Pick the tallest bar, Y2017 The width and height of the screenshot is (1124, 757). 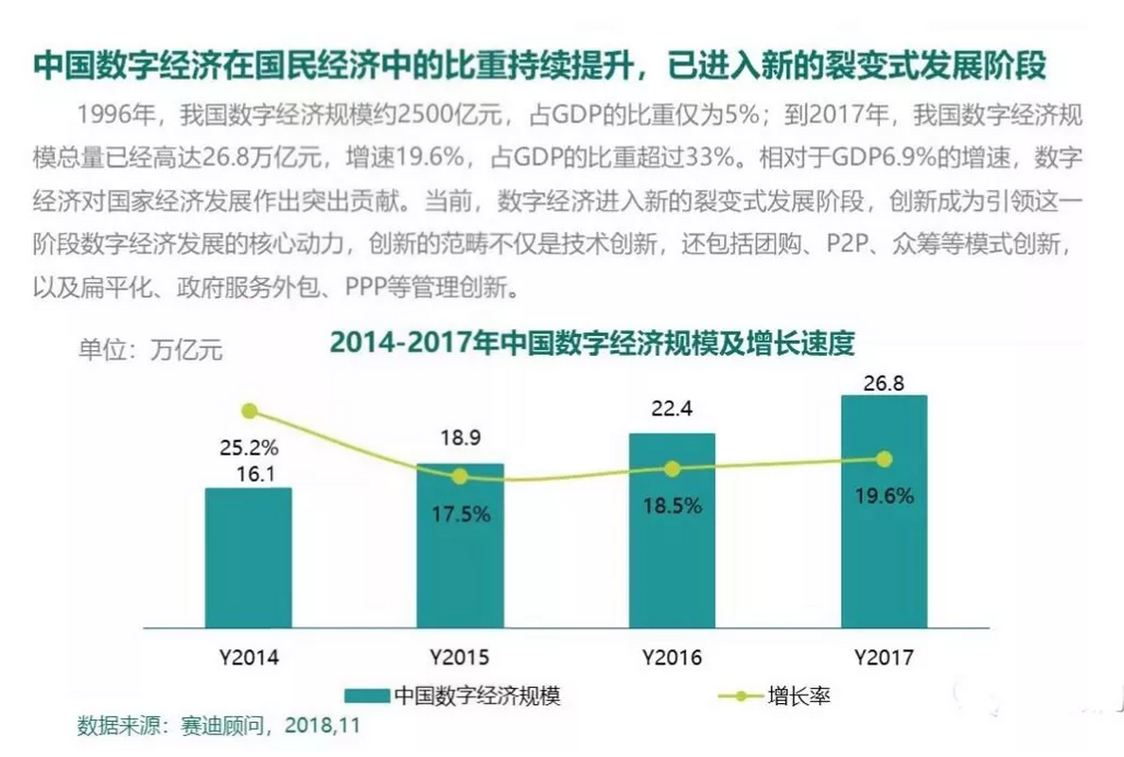[884, 511]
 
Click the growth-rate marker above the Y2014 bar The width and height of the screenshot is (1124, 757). [249, 411]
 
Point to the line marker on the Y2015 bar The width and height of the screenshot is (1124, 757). [460, 476]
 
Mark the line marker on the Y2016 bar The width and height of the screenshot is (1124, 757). [672, 468]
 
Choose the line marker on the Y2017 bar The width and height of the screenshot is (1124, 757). [884, 459]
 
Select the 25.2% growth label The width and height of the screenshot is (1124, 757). [249, 446]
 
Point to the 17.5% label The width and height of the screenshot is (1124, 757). [460, 515]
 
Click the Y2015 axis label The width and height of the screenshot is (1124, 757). [460, 656]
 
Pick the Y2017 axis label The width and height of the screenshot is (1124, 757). [884, 656]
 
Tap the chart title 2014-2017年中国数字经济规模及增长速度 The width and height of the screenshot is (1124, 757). [591, 343]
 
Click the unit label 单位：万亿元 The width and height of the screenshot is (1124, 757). [150, 349]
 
